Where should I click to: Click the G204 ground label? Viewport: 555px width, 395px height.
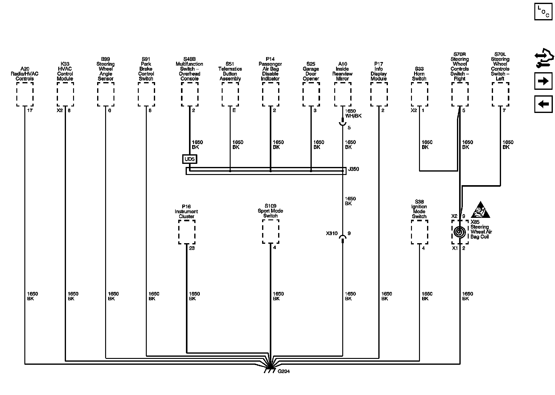[x=284, y=371]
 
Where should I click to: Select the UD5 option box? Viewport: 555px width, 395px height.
[x=190, y=159]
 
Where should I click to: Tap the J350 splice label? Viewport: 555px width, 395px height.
[x=353, y=169]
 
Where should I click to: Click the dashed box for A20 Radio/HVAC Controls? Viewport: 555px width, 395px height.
[x=25, y=94]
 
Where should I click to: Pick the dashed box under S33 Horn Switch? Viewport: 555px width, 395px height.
[x=419, y=94]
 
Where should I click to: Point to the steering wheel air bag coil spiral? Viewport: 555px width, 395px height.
[x=460, y=232]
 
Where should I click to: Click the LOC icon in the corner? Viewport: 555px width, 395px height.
[x=543, y=12]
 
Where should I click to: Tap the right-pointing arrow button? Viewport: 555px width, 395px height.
[x=543, y=81]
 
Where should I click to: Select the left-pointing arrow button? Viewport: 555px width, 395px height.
[x=543, y=104]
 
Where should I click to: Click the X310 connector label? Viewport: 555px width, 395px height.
[x=332, y=234]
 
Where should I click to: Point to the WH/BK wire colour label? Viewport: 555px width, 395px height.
[x=353, y=116]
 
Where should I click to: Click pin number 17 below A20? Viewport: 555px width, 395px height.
[x=30, y=110]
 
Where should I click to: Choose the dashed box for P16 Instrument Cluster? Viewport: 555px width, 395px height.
[x=187, y=232]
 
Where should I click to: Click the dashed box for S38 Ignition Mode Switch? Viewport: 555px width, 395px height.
[x=419, y=232]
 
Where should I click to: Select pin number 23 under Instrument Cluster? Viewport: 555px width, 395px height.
[x=192, y=248]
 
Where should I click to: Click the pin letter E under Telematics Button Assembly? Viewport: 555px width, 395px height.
[x=234, y=110]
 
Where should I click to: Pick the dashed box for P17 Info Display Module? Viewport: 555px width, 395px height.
[x=379, y=94]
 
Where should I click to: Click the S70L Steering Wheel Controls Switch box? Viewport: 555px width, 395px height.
[x=500, y=94]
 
